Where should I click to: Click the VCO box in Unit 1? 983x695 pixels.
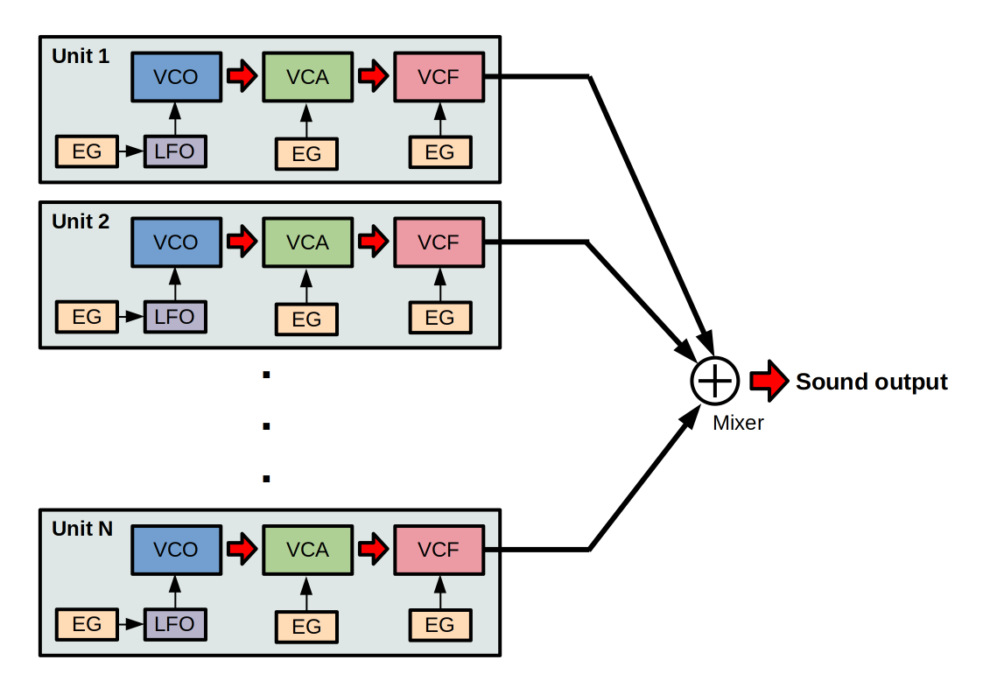pyautogui.click(x=175, y=77)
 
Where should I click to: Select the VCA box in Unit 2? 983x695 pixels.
pyautogui.click(x=307, y=242)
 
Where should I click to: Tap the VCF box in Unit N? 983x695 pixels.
pyautogui.click(x=439, y=550)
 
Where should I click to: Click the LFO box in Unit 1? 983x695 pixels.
pyautogui.click(x=175, y=151)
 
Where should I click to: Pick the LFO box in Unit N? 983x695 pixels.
pyautogui.click(x=175, y=625)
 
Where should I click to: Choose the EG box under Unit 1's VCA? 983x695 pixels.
pyautogui.click(x=306, y=154)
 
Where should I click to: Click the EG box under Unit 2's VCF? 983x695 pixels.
pyautogui.click(x=439, y=318)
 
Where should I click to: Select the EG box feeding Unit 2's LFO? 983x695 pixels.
pyautogui.click(x=87, y=316)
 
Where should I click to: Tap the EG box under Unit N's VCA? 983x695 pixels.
pyautogui.click(x=306, y=627)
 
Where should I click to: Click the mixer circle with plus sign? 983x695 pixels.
pyautogui.click(x=715, y=381)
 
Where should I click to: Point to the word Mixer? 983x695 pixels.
pyautogui.click(x=738, y=424)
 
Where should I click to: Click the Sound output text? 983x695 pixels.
pyautogui.click(x=871, y=383)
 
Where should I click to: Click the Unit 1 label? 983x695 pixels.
pyautogui.click(x=81, y=57)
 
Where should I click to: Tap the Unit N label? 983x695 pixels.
pyautogui.click(x=82, y=529)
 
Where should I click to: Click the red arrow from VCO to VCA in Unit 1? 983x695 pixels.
pyautogui.click(x=241, y=77)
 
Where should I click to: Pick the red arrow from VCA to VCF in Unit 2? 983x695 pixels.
pyautogui.click(x=373, y=242)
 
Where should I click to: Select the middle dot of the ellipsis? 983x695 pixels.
pyautogui.click(x=266, y=427)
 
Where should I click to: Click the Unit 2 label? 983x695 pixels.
pyautogui.click(x=81, y=222)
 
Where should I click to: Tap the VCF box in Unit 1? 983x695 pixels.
pyautogui.click(x=439, y=77)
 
